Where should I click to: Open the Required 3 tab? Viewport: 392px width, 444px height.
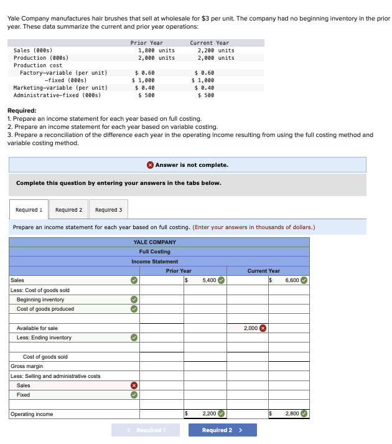pyautogui.click(x=108, y=210)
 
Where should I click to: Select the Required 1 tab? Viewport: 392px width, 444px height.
pyautogui.click(x=29, y=210)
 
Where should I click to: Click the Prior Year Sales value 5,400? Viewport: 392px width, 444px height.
pyautogui.click(x=208, y=280)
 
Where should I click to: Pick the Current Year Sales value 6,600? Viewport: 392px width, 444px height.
pyautogui.click(x=292, y=280)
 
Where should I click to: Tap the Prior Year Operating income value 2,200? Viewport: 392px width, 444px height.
pyautogui.click(x=208, y=413)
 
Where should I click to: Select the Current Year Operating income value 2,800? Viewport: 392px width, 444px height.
pyautogui.click(x=292, y=413)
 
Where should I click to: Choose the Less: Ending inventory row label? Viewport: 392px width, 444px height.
pyautogui.click(x=44, y=338)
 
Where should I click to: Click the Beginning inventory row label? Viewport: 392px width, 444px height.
pyautogui.click(x=40, y=300)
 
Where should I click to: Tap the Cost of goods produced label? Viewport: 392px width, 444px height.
pyautogui.click(x=45, y=309)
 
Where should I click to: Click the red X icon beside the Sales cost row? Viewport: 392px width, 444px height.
pyautogui.click(x=133, y=385)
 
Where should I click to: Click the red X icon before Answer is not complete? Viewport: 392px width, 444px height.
pyautogui.click(x=151, y=165)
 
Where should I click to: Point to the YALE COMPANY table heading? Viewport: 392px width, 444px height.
pyautogui.click(x=155, y=242)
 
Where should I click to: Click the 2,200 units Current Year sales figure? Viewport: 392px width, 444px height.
pyautogui.click(x=215, y=50)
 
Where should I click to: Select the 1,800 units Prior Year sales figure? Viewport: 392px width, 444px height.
pyautogui.click(x=156, y=50)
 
